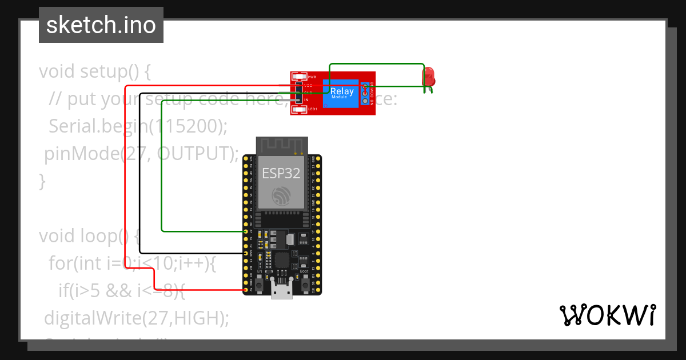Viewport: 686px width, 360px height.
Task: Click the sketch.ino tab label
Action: click(x=101, y=25)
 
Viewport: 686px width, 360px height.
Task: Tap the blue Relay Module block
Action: click(x=342, y=93)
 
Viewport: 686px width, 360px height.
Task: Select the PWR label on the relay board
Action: click(x=312, y=77)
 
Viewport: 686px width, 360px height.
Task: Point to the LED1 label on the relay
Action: click(x=312, y=109)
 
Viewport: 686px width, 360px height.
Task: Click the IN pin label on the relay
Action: click(x=306, y=100)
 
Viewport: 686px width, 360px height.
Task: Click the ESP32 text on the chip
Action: click(x=281, y=173)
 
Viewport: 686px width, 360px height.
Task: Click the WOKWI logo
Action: click(x=607, y=315)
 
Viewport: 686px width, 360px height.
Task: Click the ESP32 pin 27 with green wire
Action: click(x=246, y=231)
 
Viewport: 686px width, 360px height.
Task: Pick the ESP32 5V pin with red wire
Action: click(x=246, y=290)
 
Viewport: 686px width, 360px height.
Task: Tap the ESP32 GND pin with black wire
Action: click(x=246, y=253)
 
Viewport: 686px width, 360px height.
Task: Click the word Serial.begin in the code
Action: click(x=98, y=126)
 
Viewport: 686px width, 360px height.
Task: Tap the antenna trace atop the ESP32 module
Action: click(x=281, y=146)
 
